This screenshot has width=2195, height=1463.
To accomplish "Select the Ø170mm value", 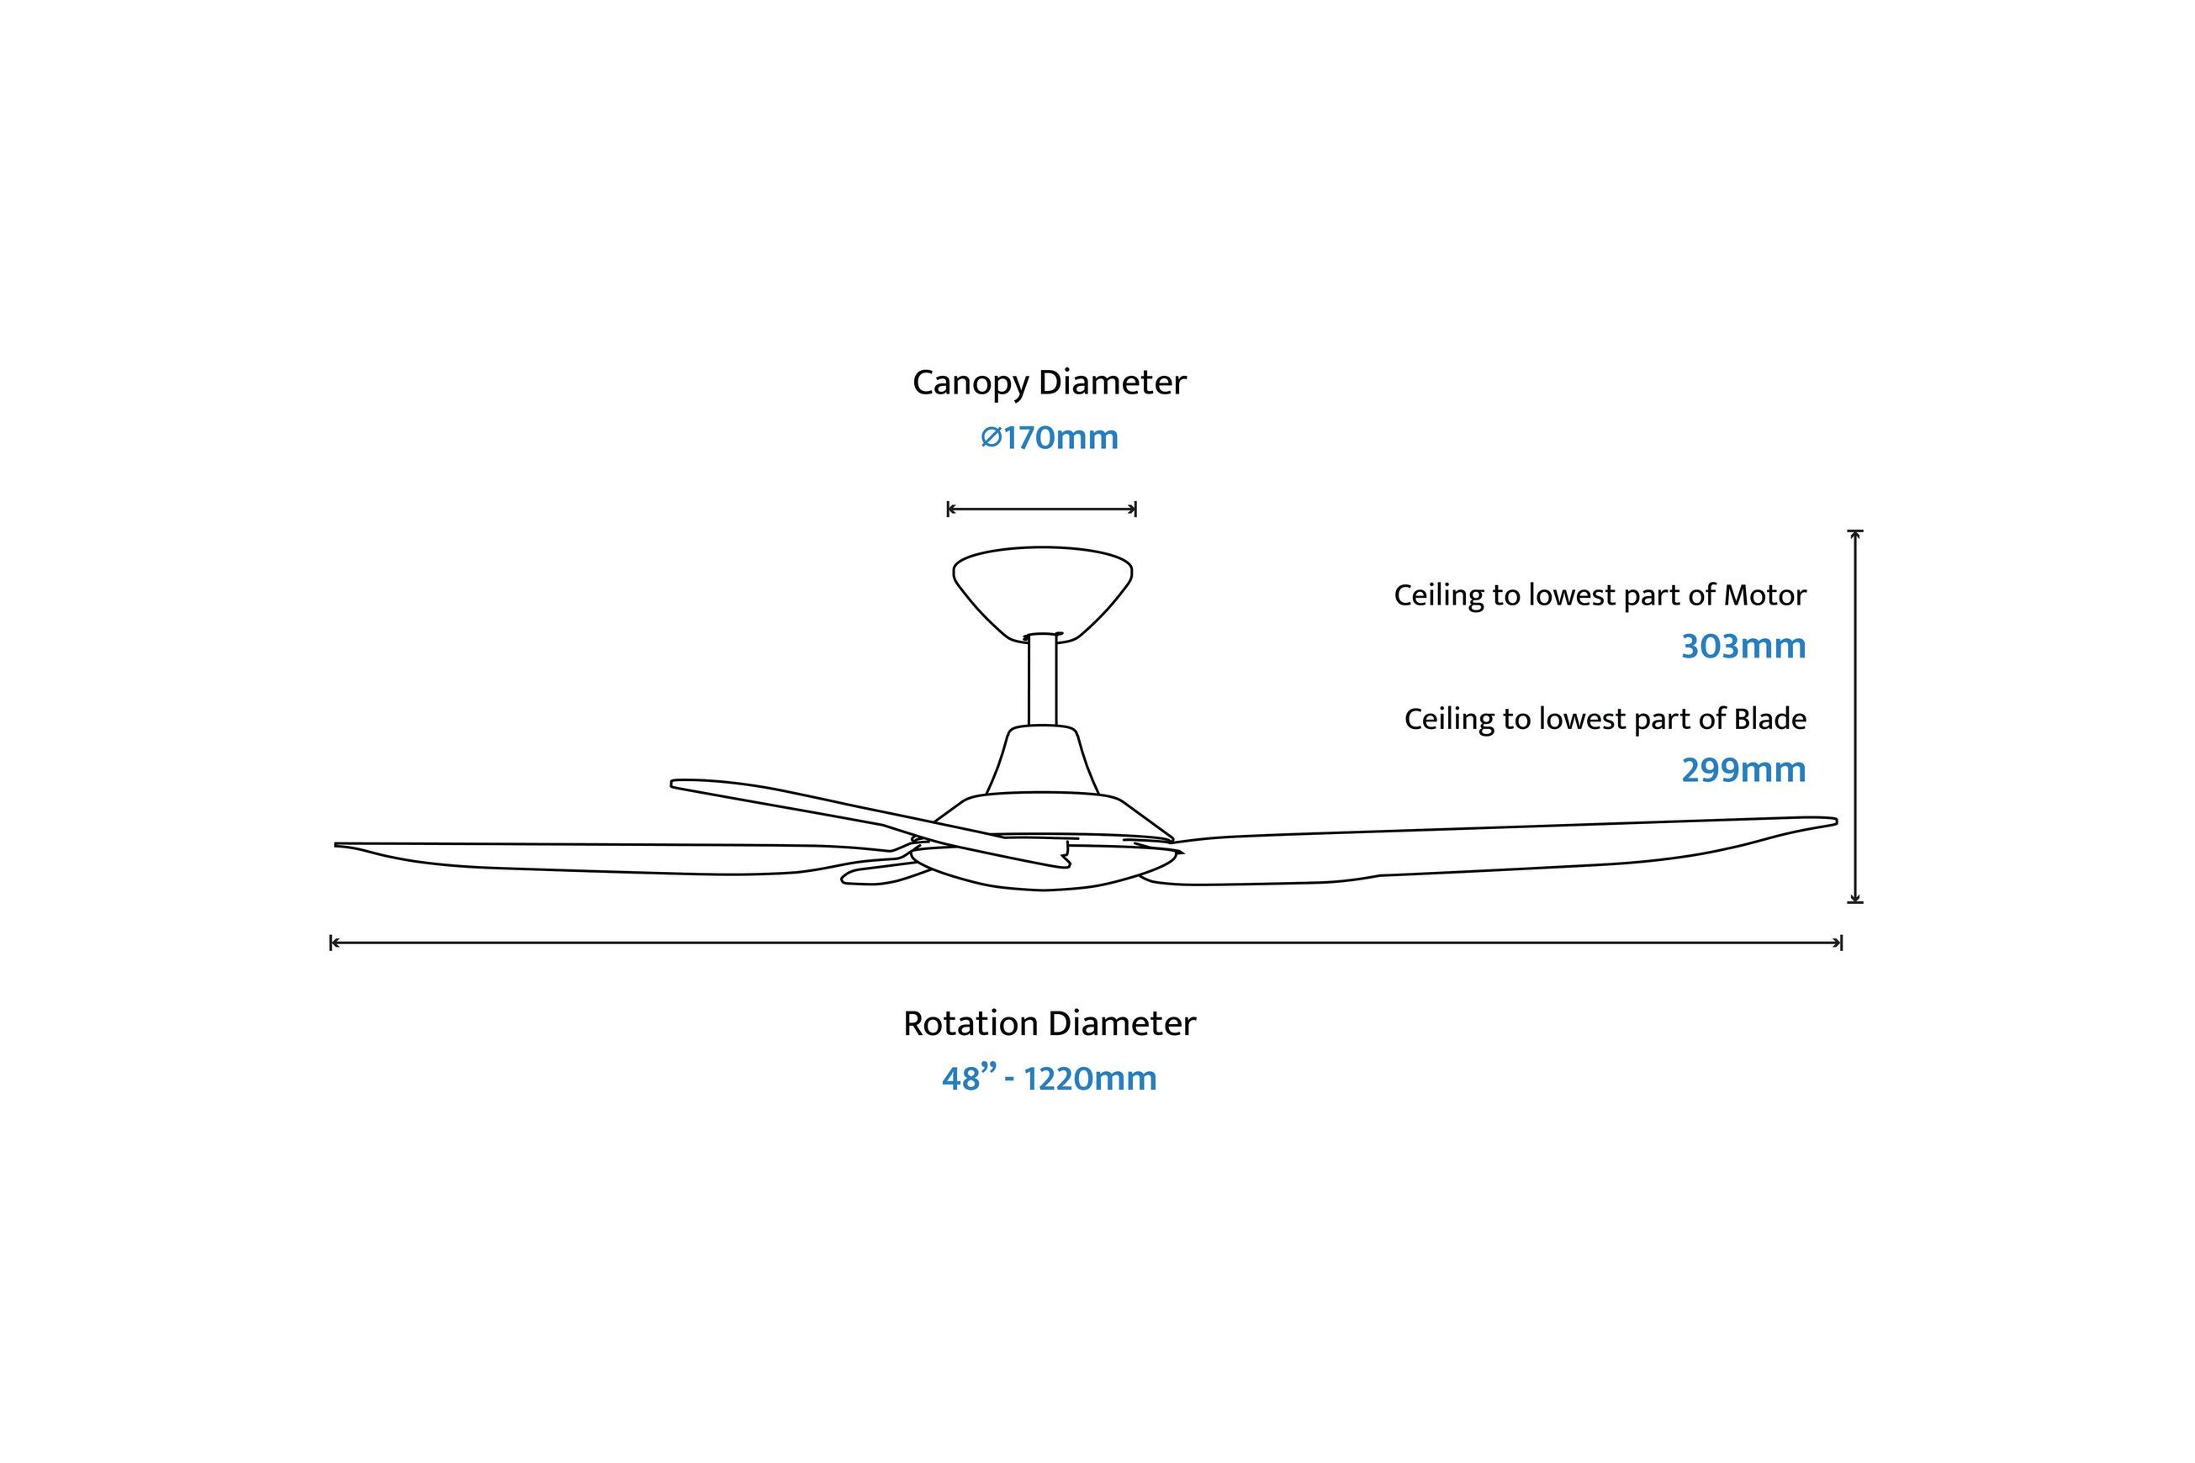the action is click(x=1049, y=437).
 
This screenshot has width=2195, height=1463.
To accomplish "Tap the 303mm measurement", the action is click(x=1743, y=646).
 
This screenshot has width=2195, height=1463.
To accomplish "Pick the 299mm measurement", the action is click(x=1743, y=769).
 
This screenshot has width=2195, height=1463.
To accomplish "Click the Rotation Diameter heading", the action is click(x=1049, y=1023).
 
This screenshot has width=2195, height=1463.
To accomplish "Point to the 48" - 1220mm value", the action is click(x=1049, y=1079).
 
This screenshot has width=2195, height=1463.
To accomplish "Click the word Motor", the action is click(x=1764, y=595).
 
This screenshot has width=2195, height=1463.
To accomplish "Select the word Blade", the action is click(x=1769, y=718).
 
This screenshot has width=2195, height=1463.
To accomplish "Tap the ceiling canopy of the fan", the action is click(x=1043, y=594).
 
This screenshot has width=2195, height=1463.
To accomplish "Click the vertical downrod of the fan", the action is click(x=1043, y=679).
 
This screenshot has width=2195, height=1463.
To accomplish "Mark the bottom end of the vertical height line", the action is click(x=1855, y=901).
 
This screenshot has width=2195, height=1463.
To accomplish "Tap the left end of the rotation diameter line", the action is click(x=331, y=943).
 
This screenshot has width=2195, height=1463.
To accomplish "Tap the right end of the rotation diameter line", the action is click(x=1841, y=943).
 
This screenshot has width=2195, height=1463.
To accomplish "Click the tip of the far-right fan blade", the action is click(x=1837, y=822).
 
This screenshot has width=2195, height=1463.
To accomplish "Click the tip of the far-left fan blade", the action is click(x=336, y=845).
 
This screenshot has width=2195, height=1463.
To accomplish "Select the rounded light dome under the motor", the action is click(x=1043, y=870).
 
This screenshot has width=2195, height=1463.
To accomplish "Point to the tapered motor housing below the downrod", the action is click(x=1043, y=760).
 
